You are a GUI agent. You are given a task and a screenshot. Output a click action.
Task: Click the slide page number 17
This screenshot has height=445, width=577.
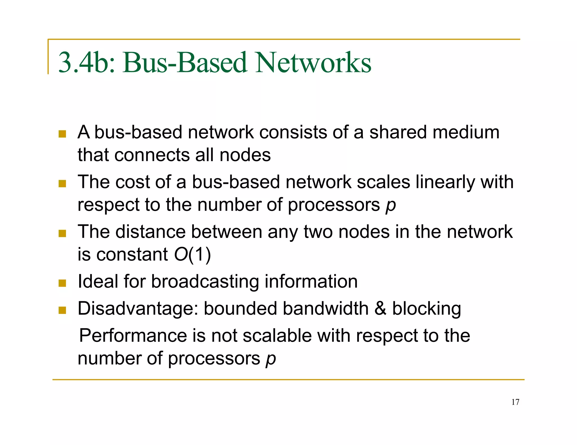[x=515, y=402]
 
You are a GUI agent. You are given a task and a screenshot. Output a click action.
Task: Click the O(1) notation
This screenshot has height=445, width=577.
[x=192, y=254]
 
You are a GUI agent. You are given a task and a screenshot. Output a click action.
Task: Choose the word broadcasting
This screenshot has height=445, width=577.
[x=205, y=281]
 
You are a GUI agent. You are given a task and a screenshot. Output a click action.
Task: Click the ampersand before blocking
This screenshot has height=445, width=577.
[x=380, y=309]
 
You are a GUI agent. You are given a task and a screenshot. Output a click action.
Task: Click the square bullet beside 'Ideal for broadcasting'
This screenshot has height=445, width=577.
[x=62, y=283]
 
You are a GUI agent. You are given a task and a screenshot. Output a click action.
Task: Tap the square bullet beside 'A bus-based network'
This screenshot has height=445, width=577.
[x=62, y=134]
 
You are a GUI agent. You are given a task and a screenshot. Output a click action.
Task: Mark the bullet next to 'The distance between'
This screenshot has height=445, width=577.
[x=62, y=233]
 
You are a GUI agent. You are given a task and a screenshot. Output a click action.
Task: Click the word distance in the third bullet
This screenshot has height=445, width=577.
[x=151, y=232]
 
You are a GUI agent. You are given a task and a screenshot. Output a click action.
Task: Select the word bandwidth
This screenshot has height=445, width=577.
[x=326, y=309]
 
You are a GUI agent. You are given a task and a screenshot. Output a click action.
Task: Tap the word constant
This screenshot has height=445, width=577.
[x=132, y=254]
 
